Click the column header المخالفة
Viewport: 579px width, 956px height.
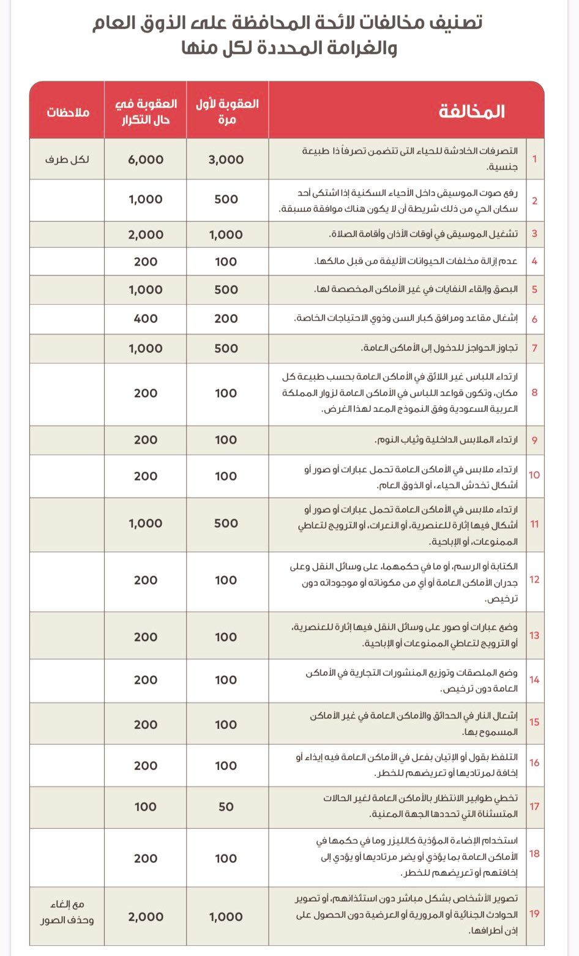471,111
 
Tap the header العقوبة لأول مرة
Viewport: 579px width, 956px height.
226,111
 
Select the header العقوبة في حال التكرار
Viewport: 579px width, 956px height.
146,111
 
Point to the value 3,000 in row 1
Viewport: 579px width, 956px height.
226,160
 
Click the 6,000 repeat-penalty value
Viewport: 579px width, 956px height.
146,160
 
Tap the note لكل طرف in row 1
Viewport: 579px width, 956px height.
67,160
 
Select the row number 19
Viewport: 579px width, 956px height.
534,914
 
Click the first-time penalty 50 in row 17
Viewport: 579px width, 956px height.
226,807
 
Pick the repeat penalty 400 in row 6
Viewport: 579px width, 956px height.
146,318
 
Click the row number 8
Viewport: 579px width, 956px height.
534,392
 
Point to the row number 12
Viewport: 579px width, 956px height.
534,580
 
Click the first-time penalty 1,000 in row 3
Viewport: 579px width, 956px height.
226,234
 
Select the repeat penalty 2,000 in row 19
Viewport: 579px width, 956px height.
146,917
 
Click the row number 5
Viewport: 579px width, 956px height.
534,289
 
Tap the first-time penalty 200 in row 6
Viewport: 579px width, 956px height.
226,318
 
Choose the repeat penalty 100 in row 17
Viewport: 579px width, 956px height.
146,807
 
